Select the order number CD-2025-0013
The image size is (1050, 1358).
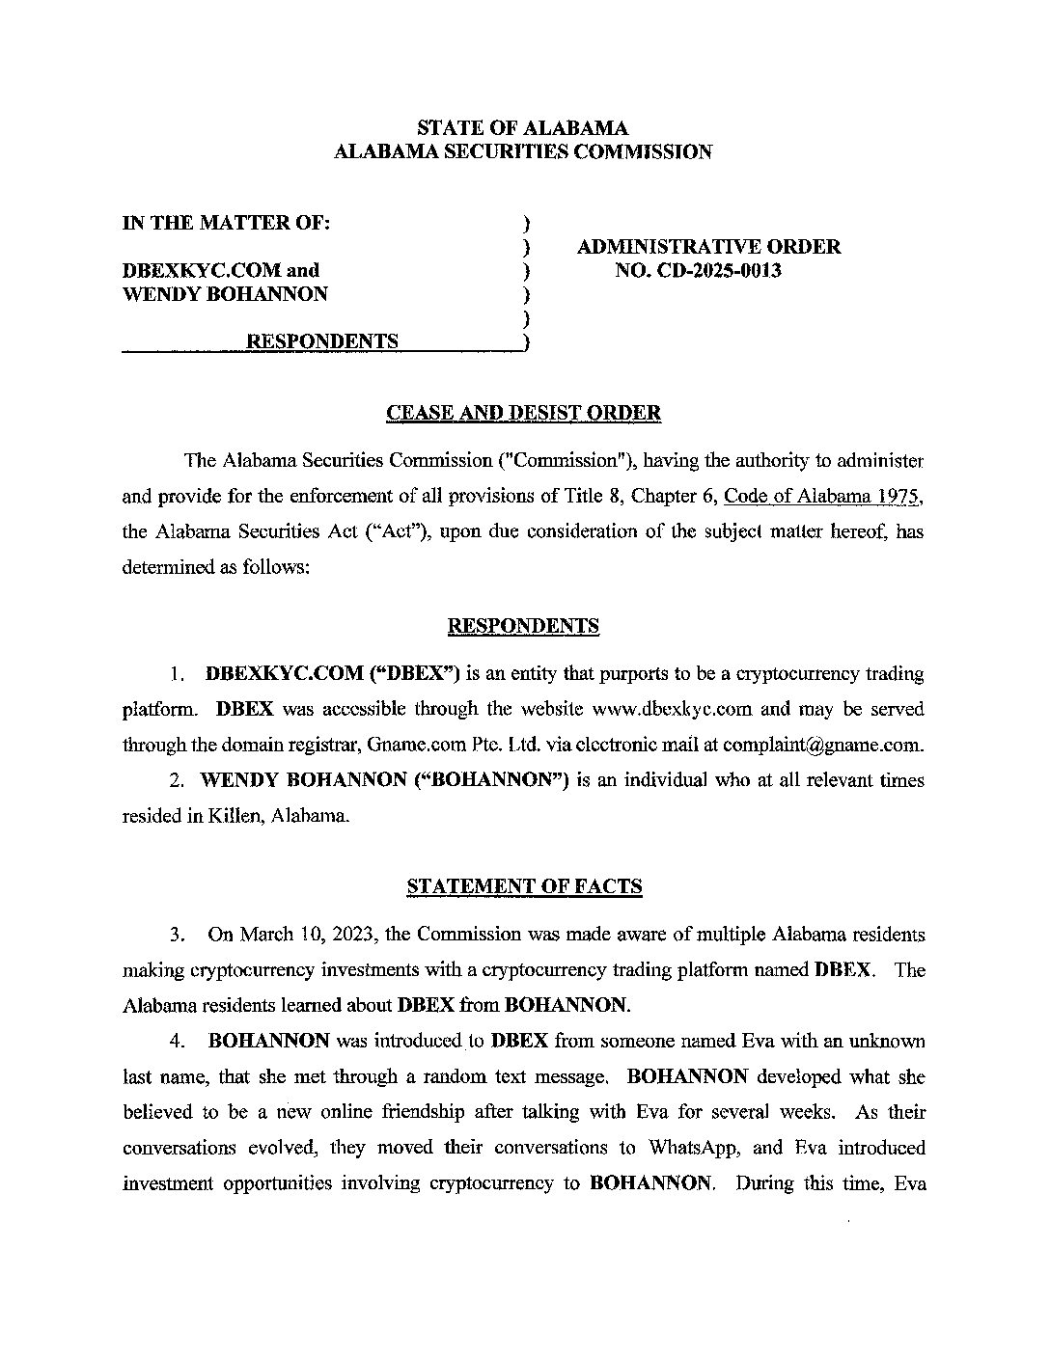(x=713, y=270)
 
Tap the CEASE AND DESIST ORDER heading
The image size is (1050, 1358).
(x=523, y=413)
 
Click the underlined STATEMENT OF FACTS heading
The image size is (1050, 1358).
(x=524, y=886)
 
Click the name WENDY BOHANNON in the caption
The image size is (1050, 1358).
(x=225, y=294)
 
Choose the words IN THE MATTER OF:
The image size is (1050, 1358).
(x=227, y=223)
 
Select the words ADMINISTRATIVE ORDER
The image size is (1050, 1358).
(x=708, y=247)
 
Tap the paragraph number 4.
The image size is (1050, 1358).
(x=178, y=1042)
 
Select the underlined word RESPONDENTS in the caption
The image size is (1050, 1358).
(x=322, y=341)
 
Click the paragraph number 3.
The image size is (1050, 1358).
(x=178, y=935)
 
